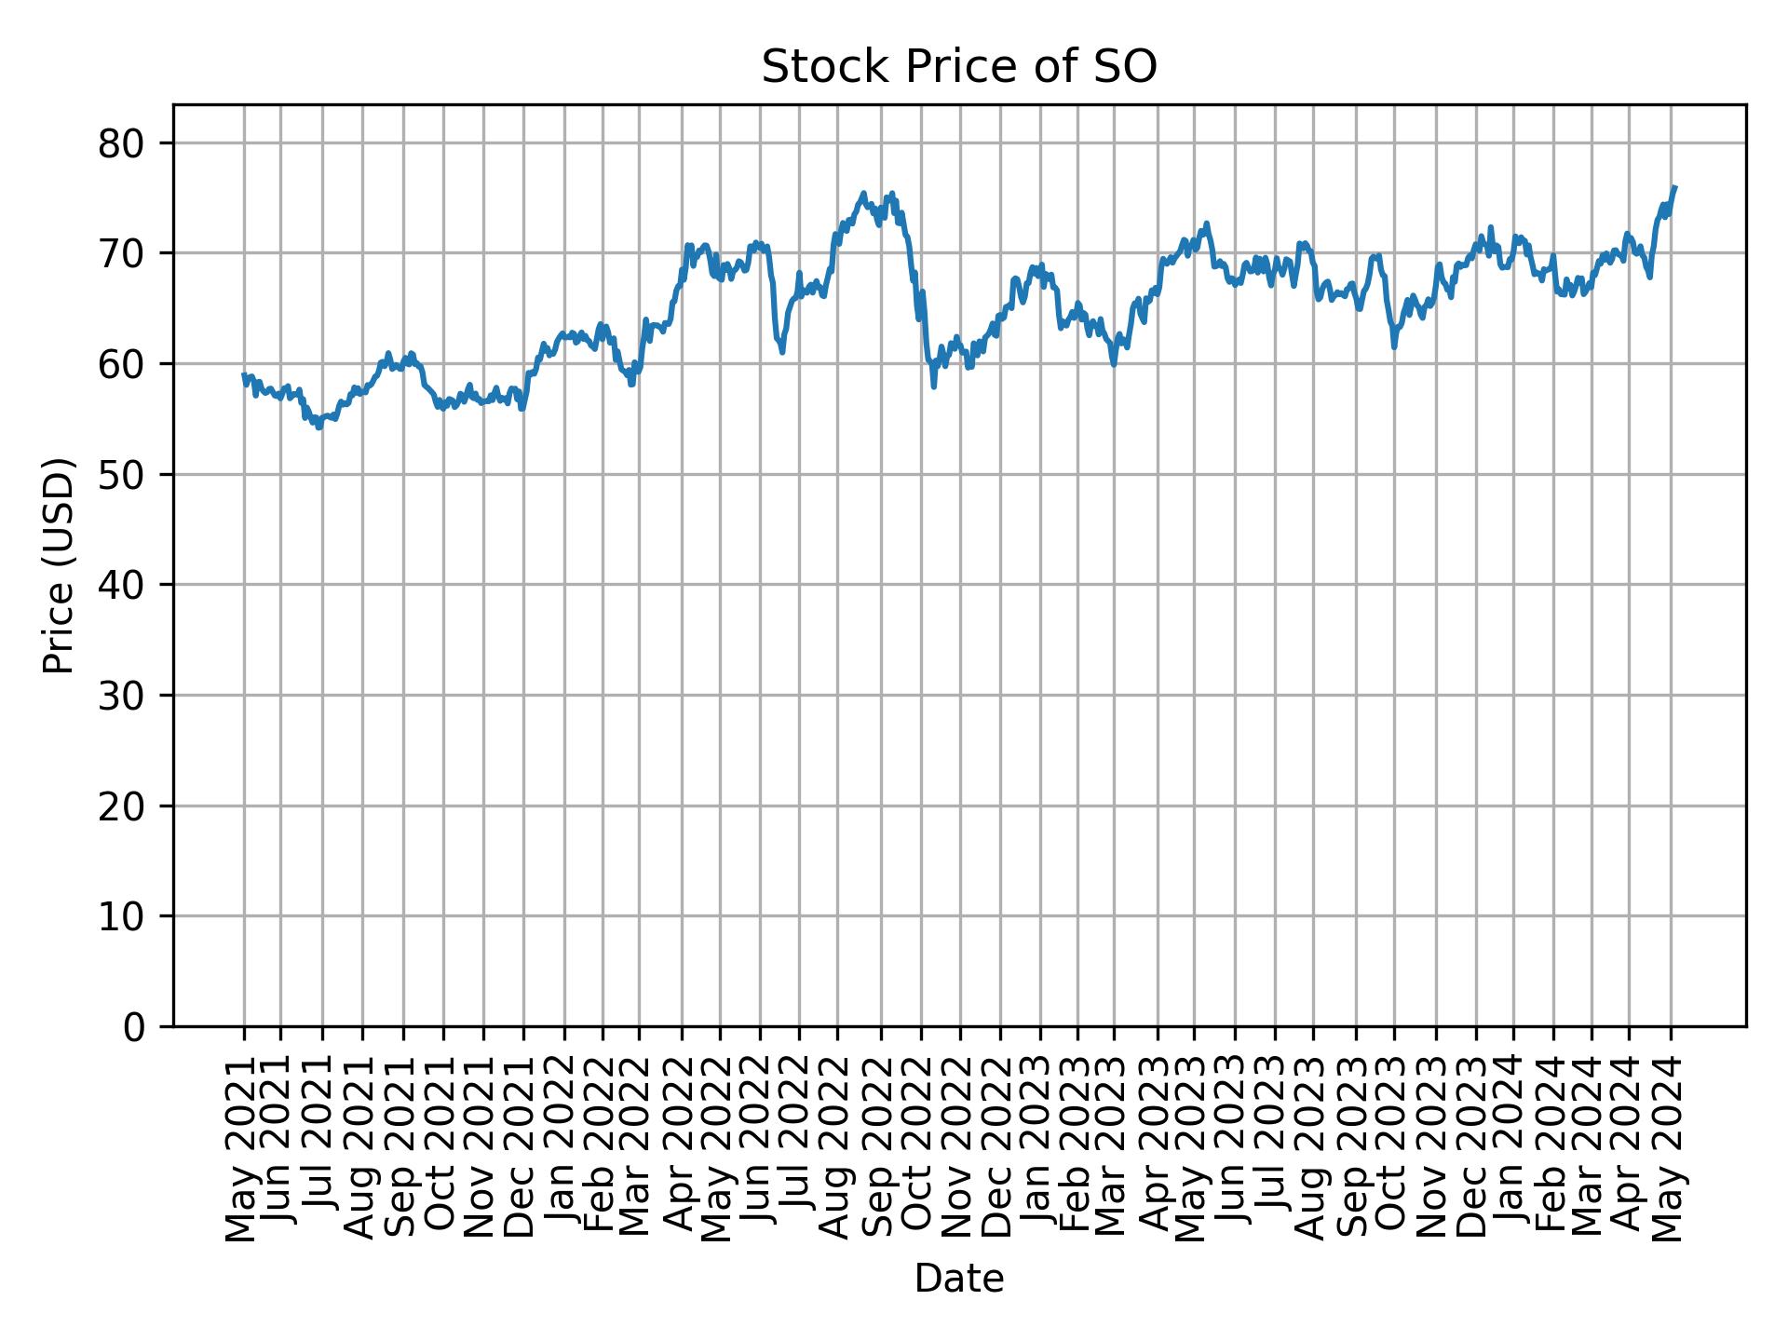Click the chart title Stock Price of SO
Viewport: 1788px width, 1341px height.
[958, 68]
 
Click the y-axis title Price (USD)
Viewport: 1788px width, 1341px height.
[59, 565]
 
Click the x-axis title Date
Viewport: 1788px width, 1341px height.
[958, 1279]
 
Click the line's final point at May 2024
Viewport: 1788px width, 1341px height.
[1674, 187]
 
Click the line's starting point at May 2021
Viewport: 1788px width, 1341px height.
[244, 374]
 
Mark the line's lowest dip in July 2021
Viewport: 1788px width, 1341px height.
[318, 427]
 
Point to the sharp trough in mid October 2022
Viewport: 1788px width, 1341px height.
[933, 386]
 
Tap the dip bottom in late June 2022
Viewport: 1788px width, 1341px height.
[782, 351]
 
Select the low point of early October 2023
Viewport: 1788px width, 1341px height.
[1394, 346]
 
